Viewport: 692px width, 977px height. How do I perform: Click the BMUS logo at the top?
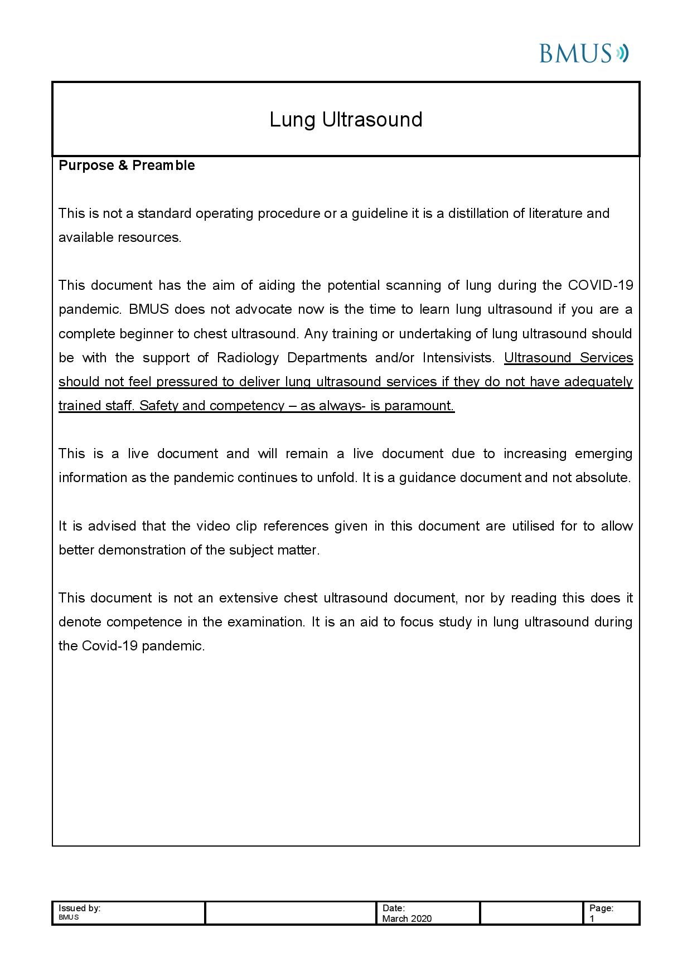tap(583, 54)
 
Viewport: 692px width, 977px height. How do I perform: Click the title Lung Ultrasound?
tap(346, 120)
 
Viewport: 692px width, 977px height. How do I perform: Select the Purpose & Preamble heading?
tap(127, 166)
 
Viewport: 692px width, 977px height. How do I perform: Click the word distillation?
tap(478, 213)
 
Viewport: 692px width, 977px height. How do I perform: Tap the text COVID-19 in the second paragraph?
tap(600, 285)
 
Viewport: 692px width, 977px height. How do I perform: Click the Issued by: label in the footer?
tap(79, 908)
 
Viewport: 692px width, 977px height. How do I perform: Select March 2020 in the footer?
tap(407, 918)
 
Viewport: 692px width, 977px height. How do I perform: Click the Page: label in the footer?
tap(601, 908)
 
